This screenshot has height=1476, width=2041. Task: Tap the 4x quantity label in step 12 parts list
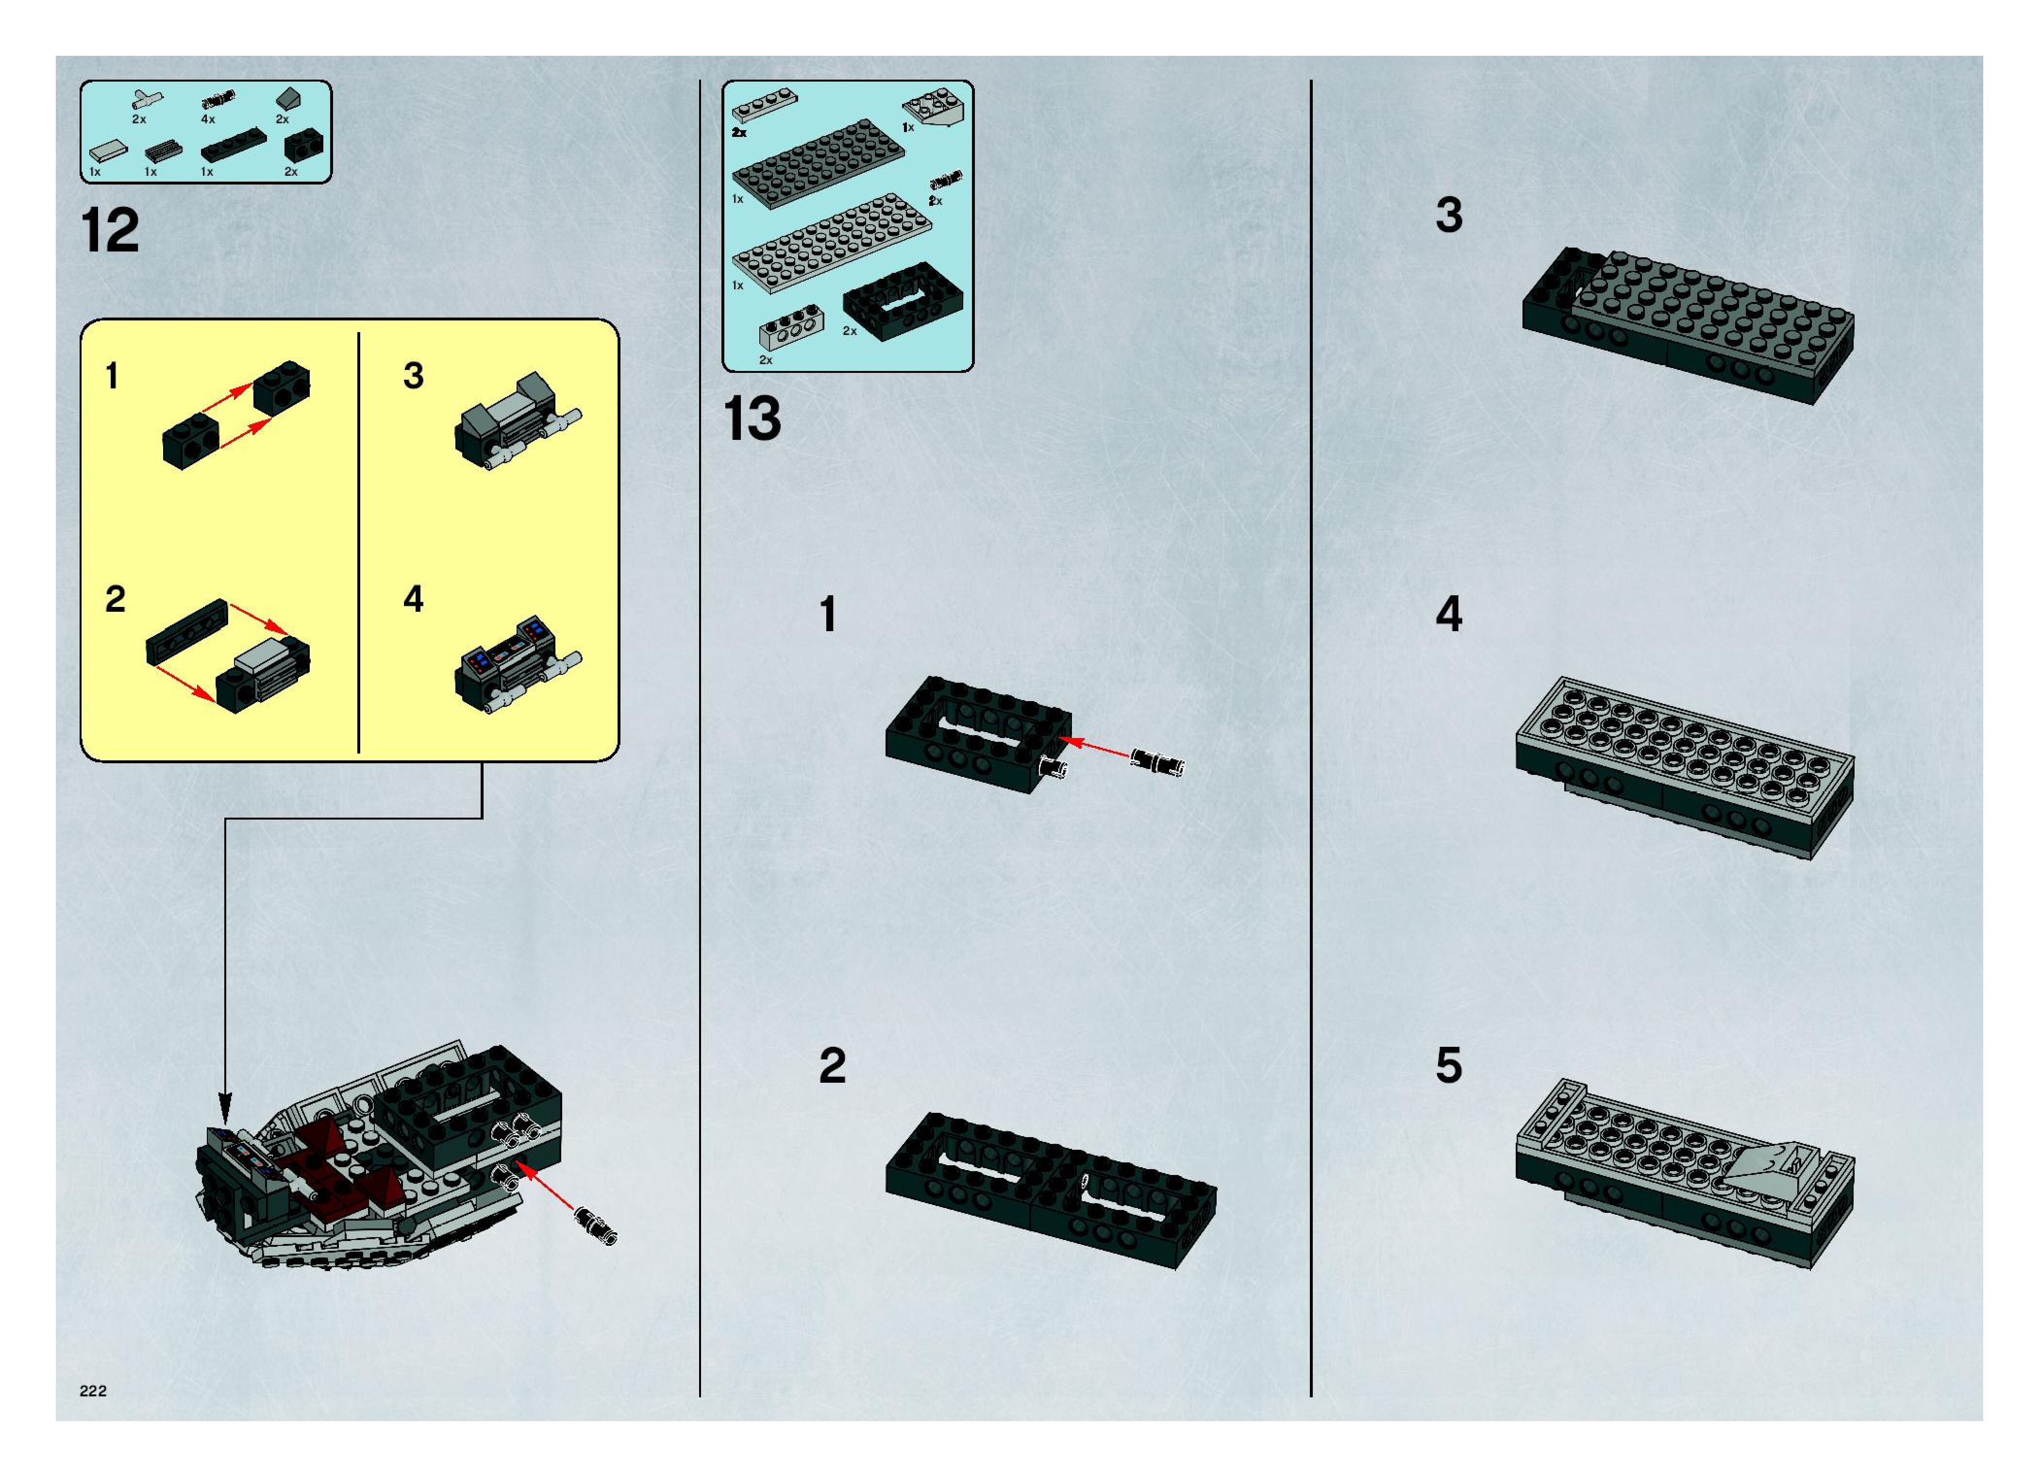208,119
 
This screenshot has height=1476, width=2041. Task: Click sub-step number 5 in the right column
1449,1066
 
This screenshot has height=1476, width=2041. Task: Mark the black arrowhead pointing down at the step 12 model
225,1104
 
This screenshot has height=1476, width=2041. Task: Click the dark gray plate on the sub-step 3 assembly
1710,311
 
